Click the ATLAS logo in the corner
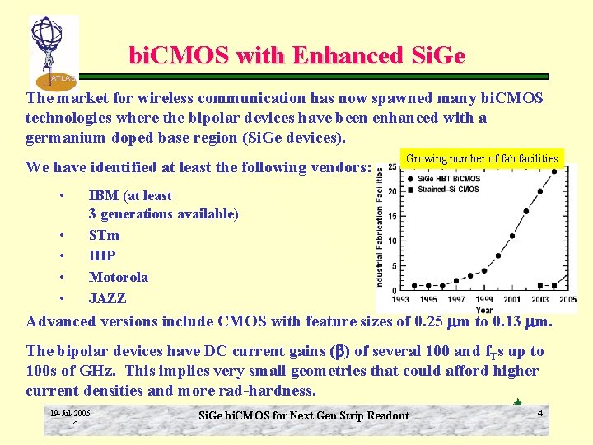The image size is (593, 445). pyautogui.click(x=54, y=52)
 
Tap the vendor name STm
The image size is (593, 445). pyautogui.click(x=104, y=235)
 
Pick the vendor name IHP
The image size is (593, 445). pyautogui.click(x=102, y=256)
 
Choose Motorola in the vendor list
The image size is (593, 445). pyautogui.click(x=119, y=278)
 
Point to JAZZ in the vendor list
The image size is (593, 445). pyautogui.click(x=108, y=298)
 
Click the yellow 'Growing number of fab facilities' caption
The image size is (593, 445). pyautogui.click(x=482, y=158)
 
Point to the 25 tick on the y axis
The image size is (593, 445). pyautogui.click(x=392, y=167)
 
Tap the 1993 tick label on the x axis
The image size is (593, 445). pyautogui.click(x=400, y=300)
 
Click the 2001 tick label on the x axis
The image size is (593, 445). pyautogui.click(x=511, y=300)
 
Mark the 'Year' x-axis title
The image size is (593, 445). pyautogui.click(x=484, y=310)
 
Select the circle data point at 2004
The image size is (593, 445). pyautogui.click(x=553, y=172)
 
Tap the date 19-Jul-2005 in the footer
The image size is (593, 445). pyautogui.click(x=70, y=413)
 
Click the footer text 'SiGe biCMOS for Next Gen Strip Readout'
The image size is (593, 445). pyautogui.click(x=304, y=415)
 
